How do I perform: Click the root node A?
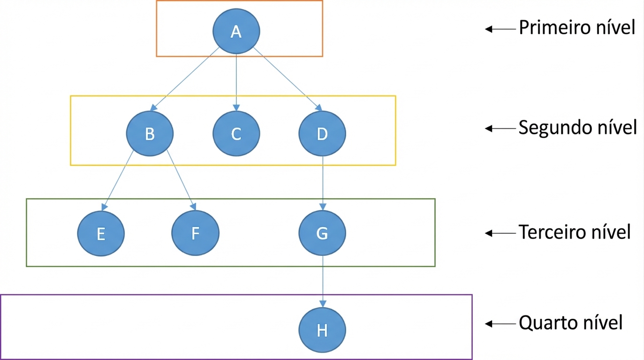click(236, 31)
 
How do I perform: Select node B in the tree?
click(150, 134)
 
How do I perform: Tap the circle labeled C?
click(236, 134)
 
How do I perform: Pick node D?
click(322, 134)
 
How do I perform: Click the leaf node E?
click(101, 233)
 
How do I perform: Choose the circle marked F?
click(195, 233)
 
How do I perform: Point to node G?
click(322, 233)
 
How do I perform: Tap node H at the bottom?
click(322, 330)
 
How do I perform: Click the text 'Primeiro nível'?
click(577, 28)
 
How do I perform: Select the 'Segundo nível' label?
click(577, 128)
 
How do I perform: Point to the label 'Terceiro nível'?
click(575, 232)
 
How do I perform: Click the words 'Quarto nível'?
click(571, 323)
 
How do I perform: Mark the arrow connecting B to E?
click(117, 180)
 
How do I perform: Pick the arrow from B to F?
click(182, 180)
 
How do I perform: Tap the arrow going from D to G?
click(323, 183)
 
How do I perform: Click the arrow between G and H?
click(323, 282)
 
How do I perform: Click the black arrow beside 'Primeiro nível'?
click(500, 29)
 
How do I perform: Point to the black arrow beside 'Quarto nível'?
click(500, 324)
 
